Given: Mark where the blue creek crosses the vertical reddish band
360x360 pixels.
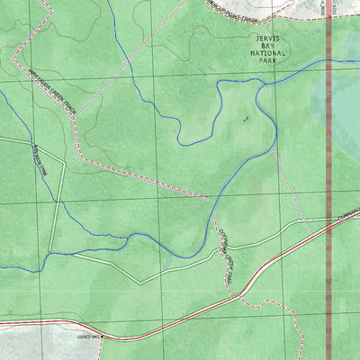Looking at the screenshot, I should pyautogui.click(x=329, y=61).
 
